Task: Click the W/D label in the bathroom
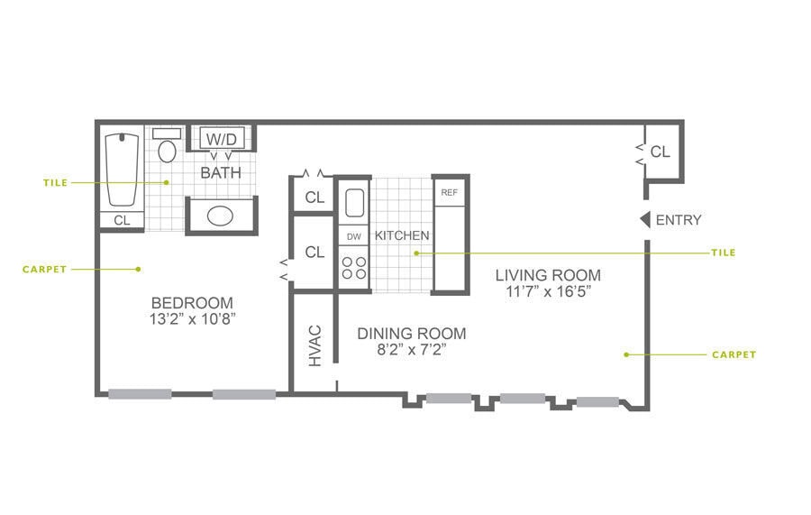pyautogui.click(x=221, y=140)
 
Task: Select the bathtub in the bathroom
pyautogui.click(x=122, y=170)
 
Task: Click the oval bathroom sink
pyautogui.click(x=221, y=216)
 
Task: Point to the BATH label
pyautogui.click(x=221, y=172)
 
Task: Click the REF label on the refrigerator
pyautogui.click(x=449, y=193)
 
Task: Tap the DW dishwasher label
pyautogui.click(x=353, y=236)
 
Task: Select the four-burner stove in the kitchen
pyautogui.click(x=353, y=269)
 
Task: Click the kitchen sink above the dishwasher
pyautogui.click(x=353, y=203)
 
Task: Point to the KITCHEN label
pyautogui.click(x=402, y=235)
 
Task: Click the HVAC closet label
pyautogui.click(x=314, y=346)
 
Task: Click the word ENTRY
pyautogui.click(x=679, y=220)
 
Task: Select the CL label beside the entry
pyautogui.click(x=661, y=152)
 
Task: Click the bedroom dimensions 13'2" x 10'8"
pyautogui.click(x=192, y=318)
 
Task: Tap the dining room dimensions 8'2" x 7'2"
pyautogui.click(x=412, y=349)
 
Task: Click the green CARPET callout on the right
pyautogui.click(x=734, y=354)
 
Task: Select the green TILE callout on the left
pyautogui.click(x=55, y=182)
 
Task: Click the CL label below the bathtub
pyautogui.click(x=122, y=219)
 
